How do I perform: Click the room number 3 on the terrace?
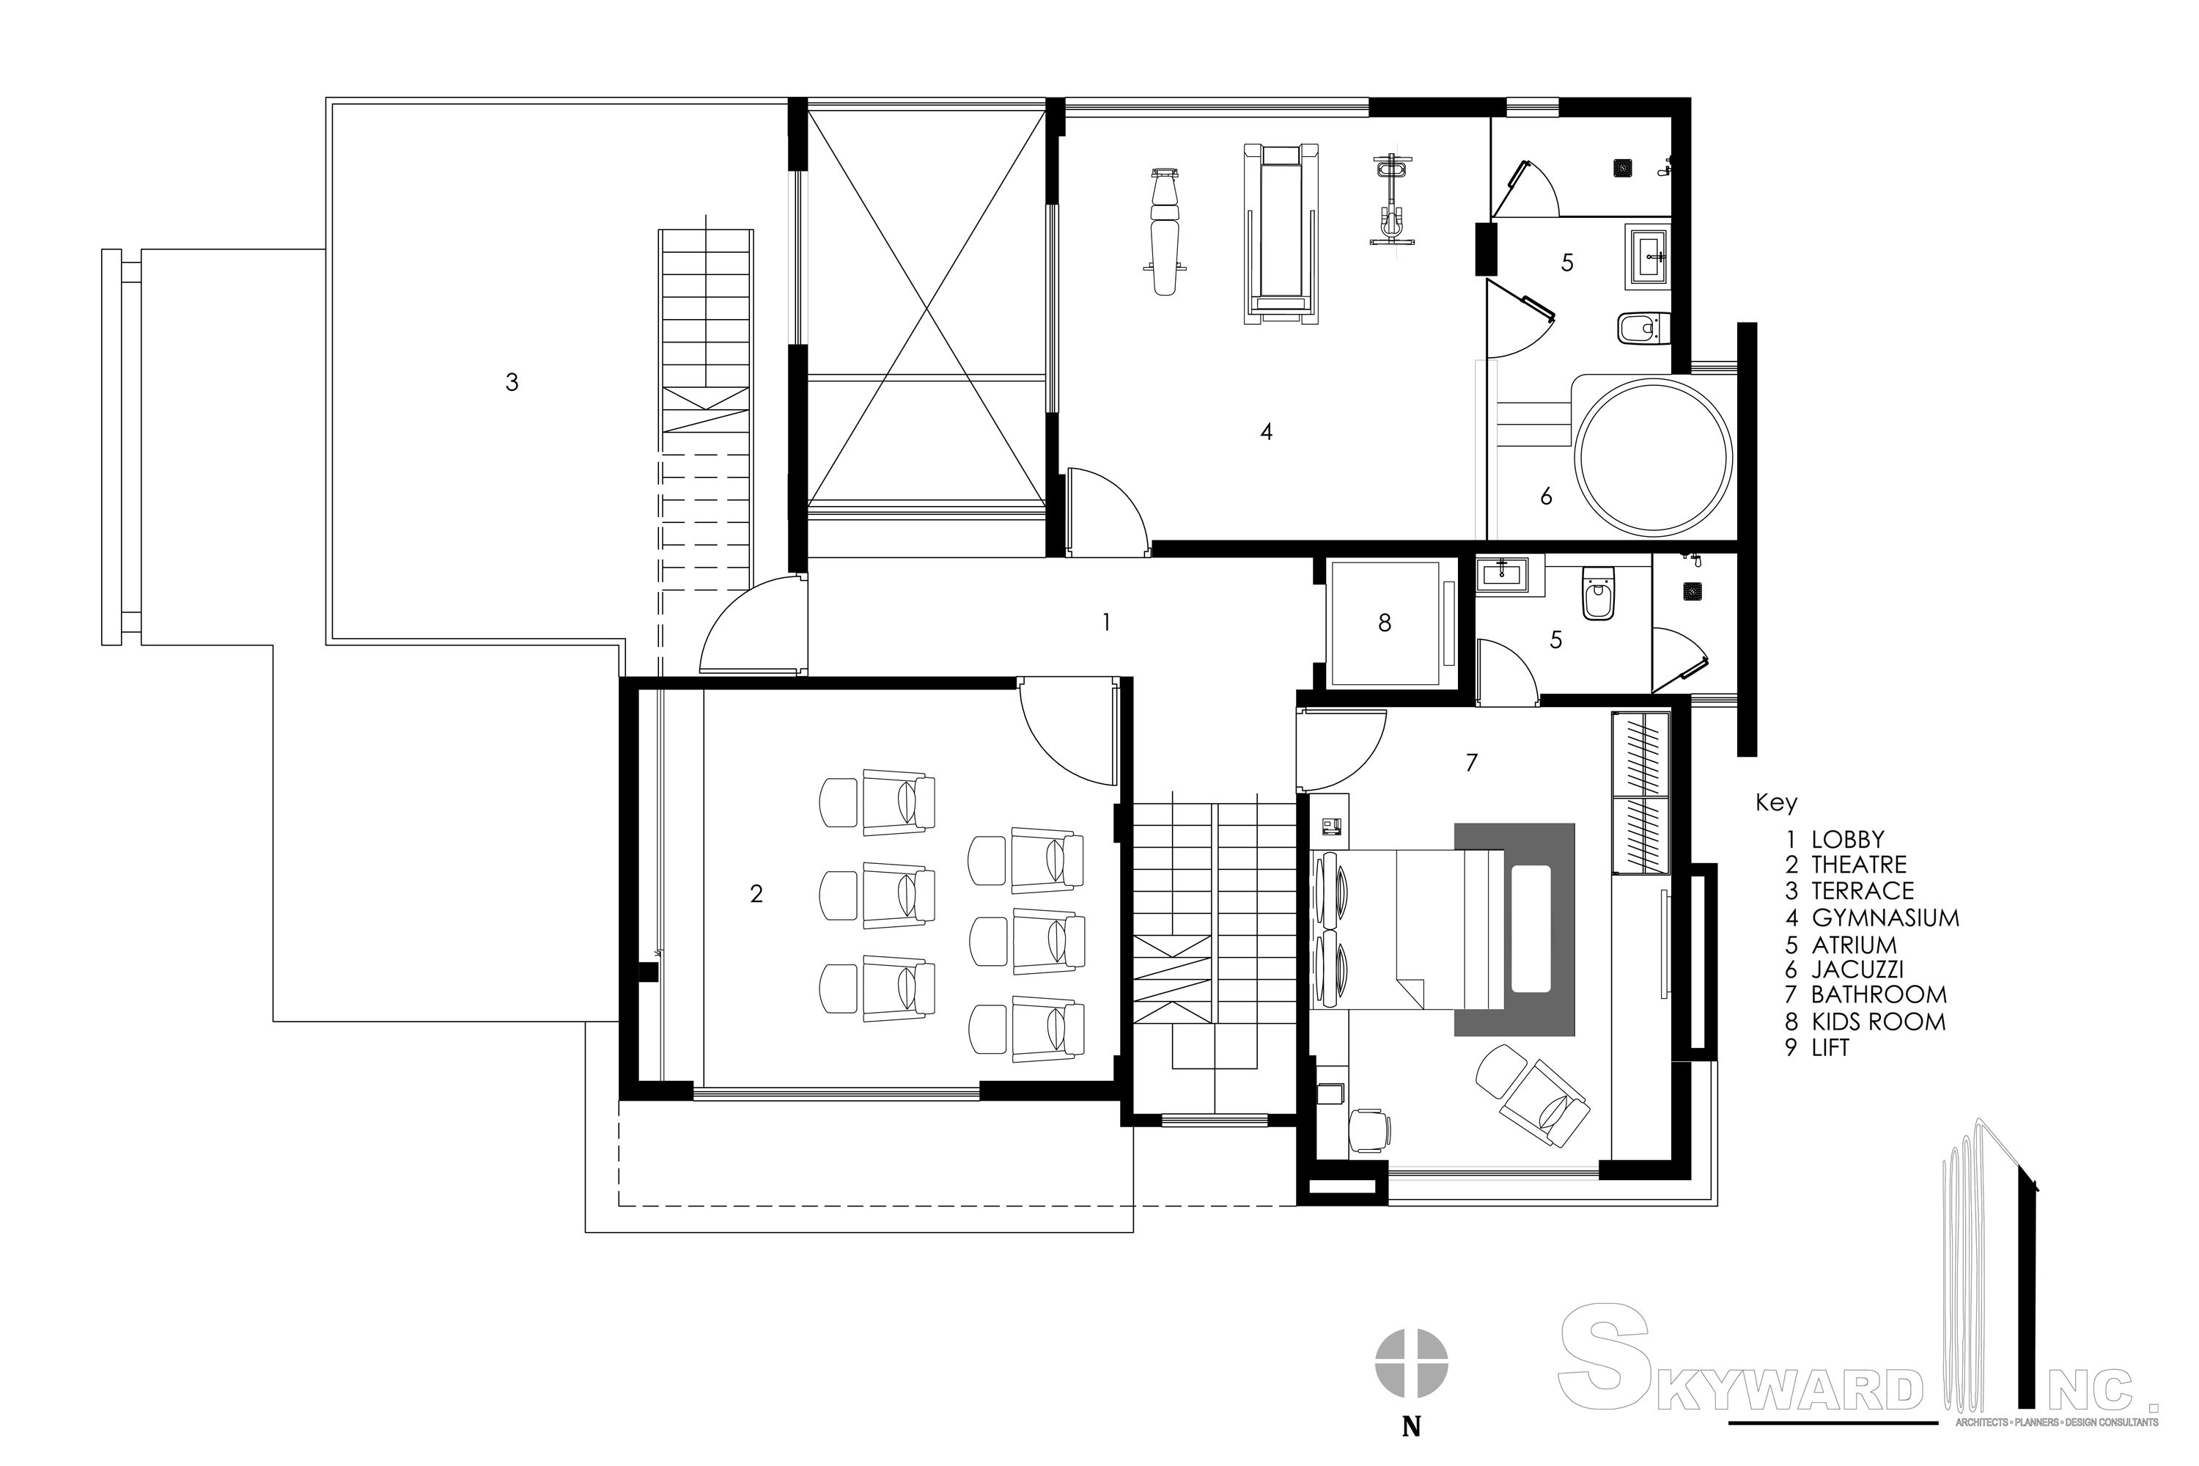point(511,381)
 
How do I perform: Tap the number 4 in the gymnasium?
point(1265,431)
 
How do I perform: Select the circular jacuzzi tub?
point(1652,456)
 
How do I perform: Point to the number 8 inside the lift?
point(1384,623)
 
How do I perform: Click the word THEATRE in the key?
point(1858,865)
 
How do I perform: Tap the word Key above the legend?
point(1775,802)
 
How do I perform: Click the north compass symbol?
point(1410,1363)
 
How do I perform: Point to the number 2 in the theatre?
point(756,894)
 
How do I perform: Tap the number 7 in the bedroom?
point(1471,763)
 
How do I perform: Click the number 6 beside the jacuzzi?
point(1546,496)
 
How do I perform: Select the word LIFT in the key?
point(1830,1048)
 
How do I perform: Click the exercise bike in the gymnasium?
point(1391,201)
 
